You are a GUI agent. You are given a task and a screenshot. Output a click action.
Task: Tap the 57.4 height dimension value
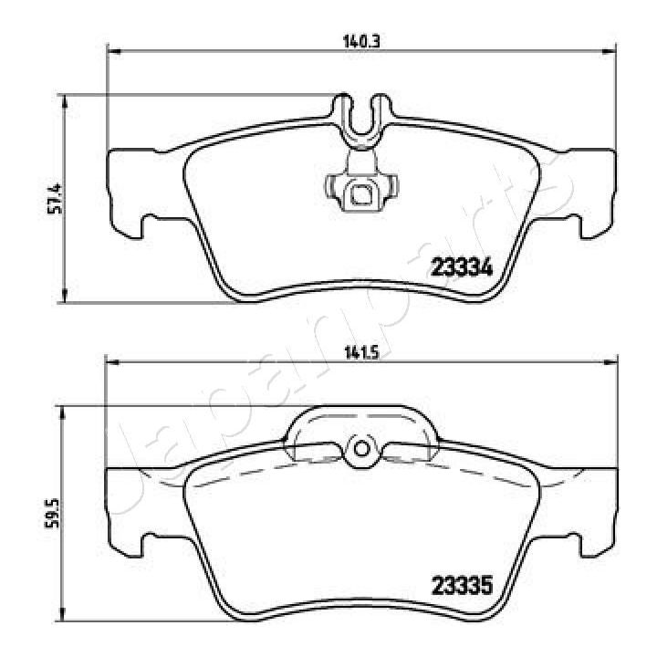pyautogui.click(x=54, y=198)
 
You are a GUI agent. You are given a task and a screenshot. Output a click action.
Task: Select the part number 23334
pyautogui.click(x=461, y=268)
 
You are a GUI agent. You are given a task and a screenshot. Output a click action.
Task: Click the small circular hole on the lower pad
pyautogui.click(x=360, y=448)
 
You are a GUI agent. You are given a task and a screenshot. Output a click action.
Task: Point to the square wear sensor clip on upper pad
pyautogui.click(x=360, y=193)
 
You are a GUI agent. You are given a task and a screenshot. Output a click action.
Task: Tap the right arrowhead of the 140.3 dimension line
pyautogui.click(x=608, y=49)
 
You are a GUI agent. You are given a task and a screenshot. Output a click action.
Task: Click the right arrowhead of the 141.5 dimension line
pyautogui.click(x=609, y=363)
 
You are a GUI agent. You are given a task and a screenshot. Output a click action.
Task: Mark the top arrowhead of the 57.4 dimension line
pyautogui.click(x=64, y=99)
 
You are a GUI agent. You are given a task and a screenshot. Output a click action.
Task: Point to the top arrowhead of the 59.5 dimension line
pyautogui.click(x=64, y=413)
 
